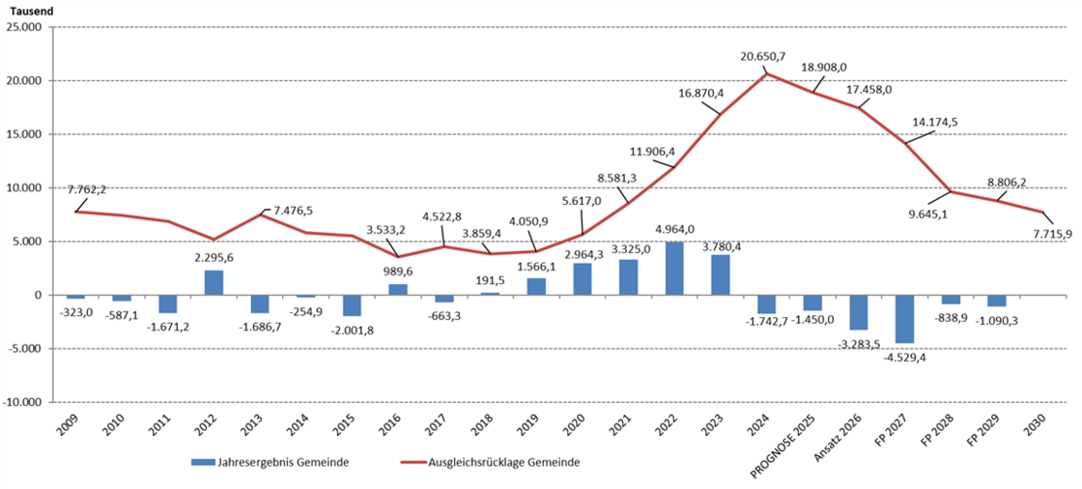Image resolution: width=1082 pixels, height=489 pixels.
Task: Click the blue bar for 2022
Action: (x=674, y=269)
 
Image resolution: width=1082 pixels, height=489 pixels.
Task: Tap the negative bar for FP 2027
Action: (x=904, y=319)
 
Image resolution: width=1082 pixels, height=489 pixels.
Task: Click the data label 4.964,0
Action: (x=674, y=229)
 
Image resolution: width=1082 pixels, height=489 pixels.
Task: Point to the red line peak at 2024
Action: (x=767, y=74)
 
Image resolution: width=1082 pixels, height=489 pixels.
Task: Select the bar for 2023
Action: (x=721, y=274)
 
